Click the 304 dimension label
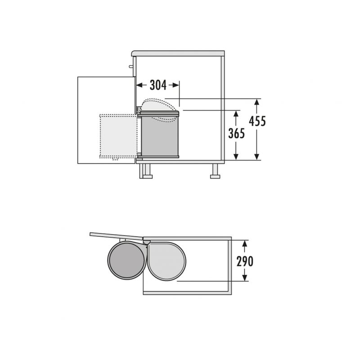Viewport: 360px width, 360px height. coord(158,85)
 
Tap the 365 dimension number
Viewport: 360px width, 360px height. coord(237,133)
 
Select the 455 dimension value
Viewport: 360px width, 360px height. coord(257,121)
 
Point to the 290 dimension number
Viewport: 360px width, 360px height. coord(245,261)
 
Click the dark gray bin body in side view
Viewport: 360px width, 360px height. coord(160,136)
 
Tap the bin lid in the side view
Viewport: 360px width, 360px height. coord(159,113)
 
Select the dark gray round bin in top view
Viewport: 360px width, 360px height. coord(127,261)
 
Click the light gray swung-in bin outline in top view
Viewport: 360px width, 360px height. coord(166,261)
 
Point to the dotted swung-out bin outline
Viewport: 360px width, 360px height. coord(118,136)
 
